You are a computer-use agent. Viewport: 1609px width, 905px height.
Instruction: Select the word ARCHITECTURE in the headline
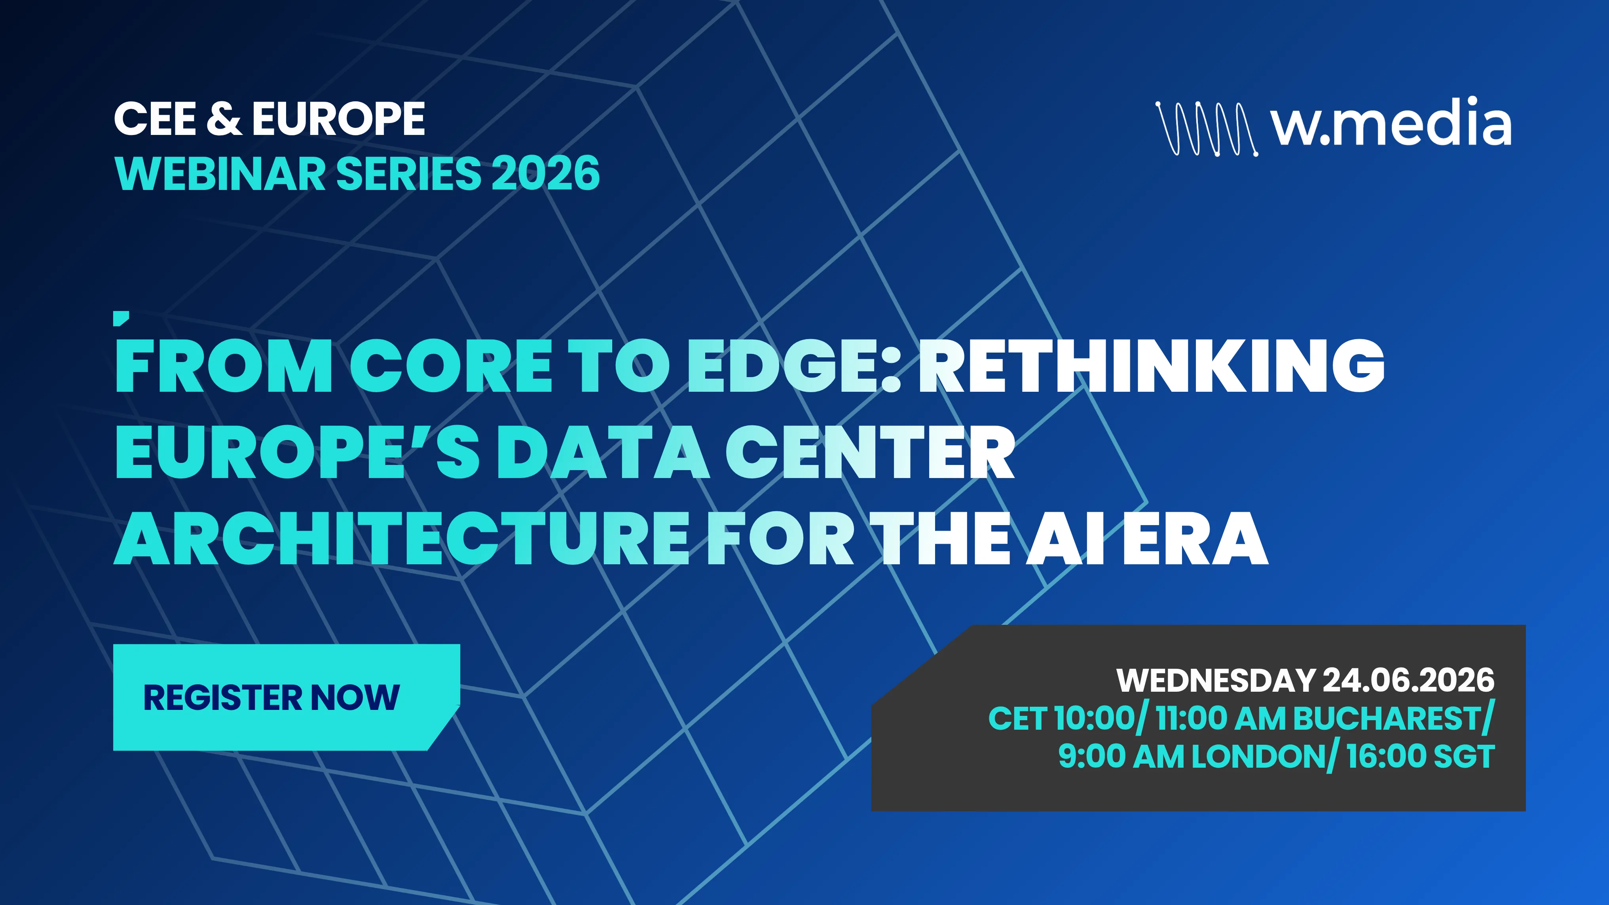[400, 539]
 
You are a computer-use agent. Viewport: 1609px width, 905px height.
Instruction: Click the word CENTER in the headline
[869, 452]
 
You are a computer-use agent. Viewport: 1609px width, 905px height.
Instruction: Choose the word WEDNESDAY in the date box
[1216, 680]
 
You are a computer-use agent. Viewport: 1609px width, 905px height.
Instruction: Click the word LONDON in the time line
[1259, 756]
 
